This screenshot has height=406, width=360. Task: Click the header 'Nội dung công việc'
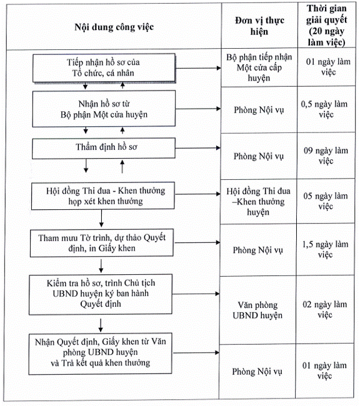(114, 27)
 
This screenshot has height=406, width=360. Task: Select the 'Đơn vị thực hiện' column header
(259, 26)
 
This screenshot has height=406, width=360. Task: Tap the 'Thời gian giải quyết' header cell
(327, 26)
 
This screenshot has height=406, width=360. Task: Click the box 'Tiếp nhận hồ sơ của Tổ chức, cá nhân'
(104, 68)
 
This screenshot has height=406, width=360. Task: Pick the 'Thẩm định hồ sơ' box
(104, 148)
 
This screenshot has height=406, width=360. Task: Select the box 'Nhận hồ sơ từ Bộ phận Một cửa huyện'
(104, 109)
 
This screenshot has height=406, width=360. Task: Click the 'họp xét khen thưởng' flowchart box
(103, 196)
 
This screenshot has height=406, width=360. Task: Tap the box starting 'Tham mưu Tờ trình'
(102, 243)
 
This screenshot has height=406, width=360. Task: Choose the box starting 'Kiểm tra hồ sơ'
(101, 294)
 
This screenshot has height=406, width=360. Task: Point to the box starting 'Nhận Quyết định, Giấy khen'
(100, 354)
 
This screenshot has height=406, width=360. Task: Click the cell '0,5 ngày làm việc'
(326, 109)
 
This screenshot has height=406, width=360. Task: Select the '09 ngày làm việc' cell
(326, 156)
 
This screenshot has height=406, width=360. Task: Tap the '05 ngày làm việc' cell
(326, 201)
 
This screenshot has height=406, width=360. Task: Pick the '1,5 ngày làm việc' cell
(325, 249)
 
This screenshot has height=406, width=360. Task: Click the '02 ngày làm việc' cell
(325, 309)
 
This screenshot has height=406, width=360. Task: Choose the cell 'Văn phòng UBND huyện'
(257, 310)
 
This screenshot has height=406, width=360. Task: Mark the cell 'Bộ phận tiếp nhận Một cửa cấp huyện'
(259, 67)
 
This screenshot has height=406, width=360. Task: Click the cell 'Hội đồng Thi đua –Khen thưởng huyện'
(258, 202)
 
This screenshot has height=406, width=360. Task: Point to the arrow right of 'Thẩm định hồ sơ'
(197, 148)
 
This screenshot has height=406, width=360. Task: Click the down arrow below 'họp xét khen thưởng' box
(101, 218)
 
